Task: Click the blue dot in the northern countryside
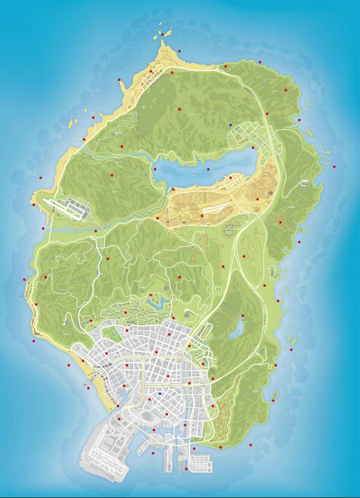pos(230,125)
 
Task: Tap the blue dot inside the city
pos(160,393)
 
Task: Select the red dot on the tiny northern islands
pos(162,34)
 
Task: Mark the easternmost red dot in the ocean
pos(334,167)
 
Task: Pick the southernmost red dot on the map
pos(186,469)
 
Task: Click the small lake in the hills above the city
pos(158,302)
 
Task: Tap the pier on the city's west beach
pos(88,383)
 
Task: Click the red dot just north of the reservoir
pos(243,316)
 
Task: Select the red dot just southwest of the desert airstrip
pos(202,216)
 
